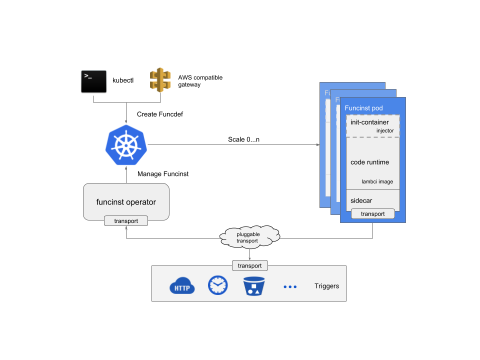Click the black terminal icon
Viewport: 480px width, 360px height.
(93, 81)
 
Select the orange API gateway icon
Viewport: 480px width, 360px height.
(160, 80)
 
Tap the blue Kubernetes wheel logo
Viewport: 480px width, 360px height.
(126, 145)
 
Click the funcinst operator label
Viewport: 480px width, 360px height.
(126, 202)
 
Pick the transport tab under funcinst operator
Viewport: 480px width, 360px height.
(126, 221)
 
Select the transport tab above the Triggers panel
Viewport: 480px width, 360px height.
(249, 265)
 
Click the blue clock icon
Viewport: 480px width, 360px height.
(217, 285)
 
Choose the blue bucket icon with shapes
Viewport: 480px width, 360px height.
(253, 286)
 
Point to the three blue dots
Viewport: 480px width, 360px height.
(290, 287)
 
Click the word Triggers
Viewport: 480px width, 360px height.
(326, 286)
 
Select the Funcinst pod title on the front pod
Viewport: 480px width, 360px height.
(363, 108)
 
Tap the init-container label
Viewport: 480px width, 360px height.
(369, 122)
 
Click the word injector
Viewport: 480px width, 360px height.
(385, 131)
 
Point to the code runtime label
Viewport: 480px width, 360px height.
(369, 162)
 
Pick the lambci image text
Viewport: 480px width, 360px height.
(377, 181)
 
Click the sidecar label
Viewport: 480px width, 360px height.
(361, 200)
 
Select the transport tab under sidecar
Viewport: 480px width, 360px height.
(372, 214)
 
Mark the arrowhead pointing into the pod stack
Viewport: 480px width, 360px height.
(318, 145)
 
